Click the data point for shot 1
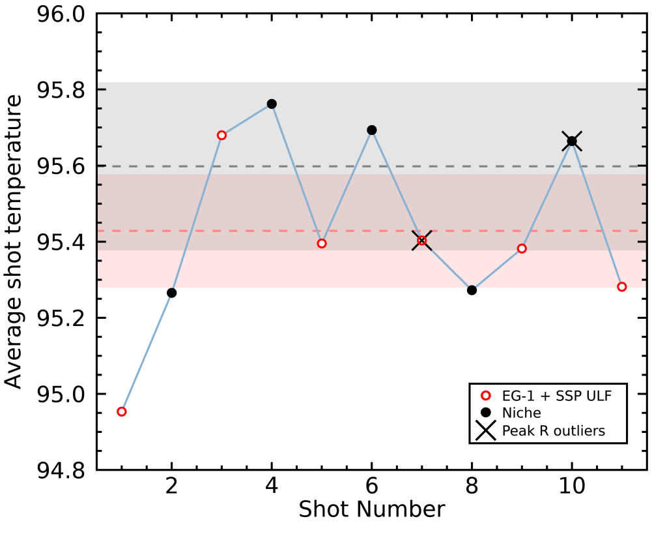coord(122,411)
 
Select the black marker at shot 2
coord(172,293)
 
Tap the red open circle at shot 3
coord(221,135)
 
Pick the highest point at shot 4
coord(272,104)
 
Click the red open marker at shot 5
coord(322,243)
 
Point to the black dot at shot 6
coord(372,130)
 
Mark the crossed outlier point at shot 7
coord(422,241)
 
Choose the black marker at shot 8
coord(472,290)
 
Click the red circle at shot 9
coord(522,248)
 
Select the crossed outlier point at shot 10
coord(572,141)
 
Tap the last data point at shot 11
coord(622,287)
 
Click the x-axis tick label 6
coord(372,488)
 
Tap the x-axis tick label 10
coord(572,488)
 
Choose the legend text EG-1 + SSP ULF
coord(556,396)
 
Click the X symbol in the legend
coord(485,431)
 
